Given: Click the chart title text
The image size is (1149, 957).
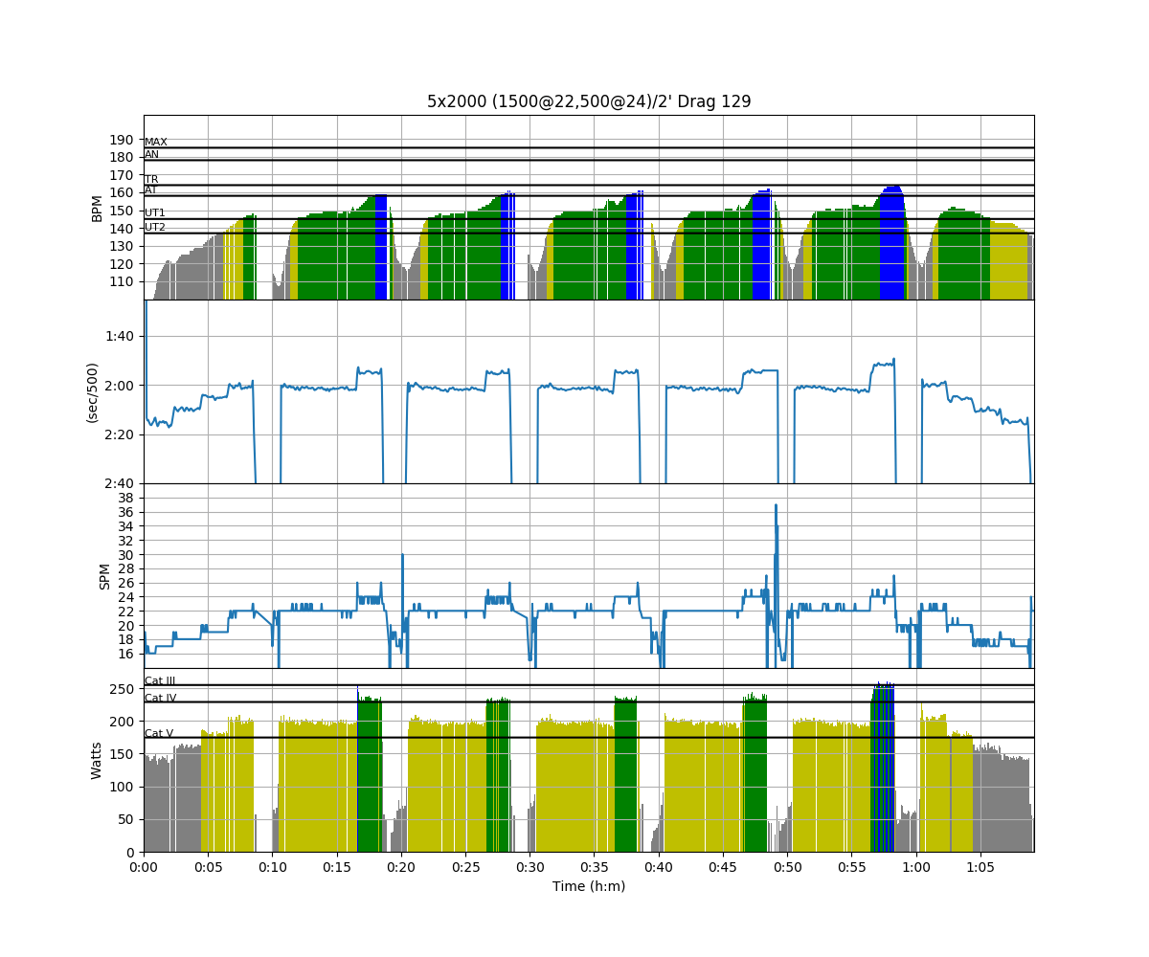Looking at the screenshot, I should point(589,101).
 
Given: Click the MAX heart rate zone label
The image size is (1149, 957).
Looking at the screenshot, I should point(156,143).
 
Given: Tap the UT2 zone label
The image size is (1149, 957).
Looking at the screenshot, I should point(155,228).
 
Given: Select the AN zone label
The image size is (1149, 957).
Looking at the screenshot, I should point(152,155).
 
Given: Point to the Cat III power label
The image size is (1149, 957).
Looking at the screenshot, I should point(160,681).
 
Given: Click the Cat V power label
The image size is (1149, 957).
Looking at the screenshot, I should point(159,734).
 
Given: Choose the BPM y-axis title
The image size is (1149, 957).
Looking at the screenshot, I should point(97,208).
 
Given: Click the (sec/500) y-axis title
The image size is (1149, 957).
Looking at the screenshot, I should point(93,391).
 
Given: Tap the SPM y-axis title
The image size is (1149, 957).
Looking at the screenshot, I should point(105,576).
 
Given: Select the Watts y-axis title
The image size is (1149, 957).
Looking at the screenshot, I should point(97,760).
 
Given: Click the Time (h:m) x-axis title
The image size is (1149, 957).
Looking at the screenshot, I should point(589,887).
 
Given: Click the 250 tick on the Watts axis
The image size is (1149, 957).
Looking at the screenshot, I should point(120,689).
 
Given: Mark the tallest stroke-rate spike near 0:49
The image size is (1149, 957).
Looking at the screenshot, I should point(776,506).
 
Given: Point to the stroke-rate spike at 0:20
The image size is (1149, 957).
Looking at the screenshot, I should point(402,556).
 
